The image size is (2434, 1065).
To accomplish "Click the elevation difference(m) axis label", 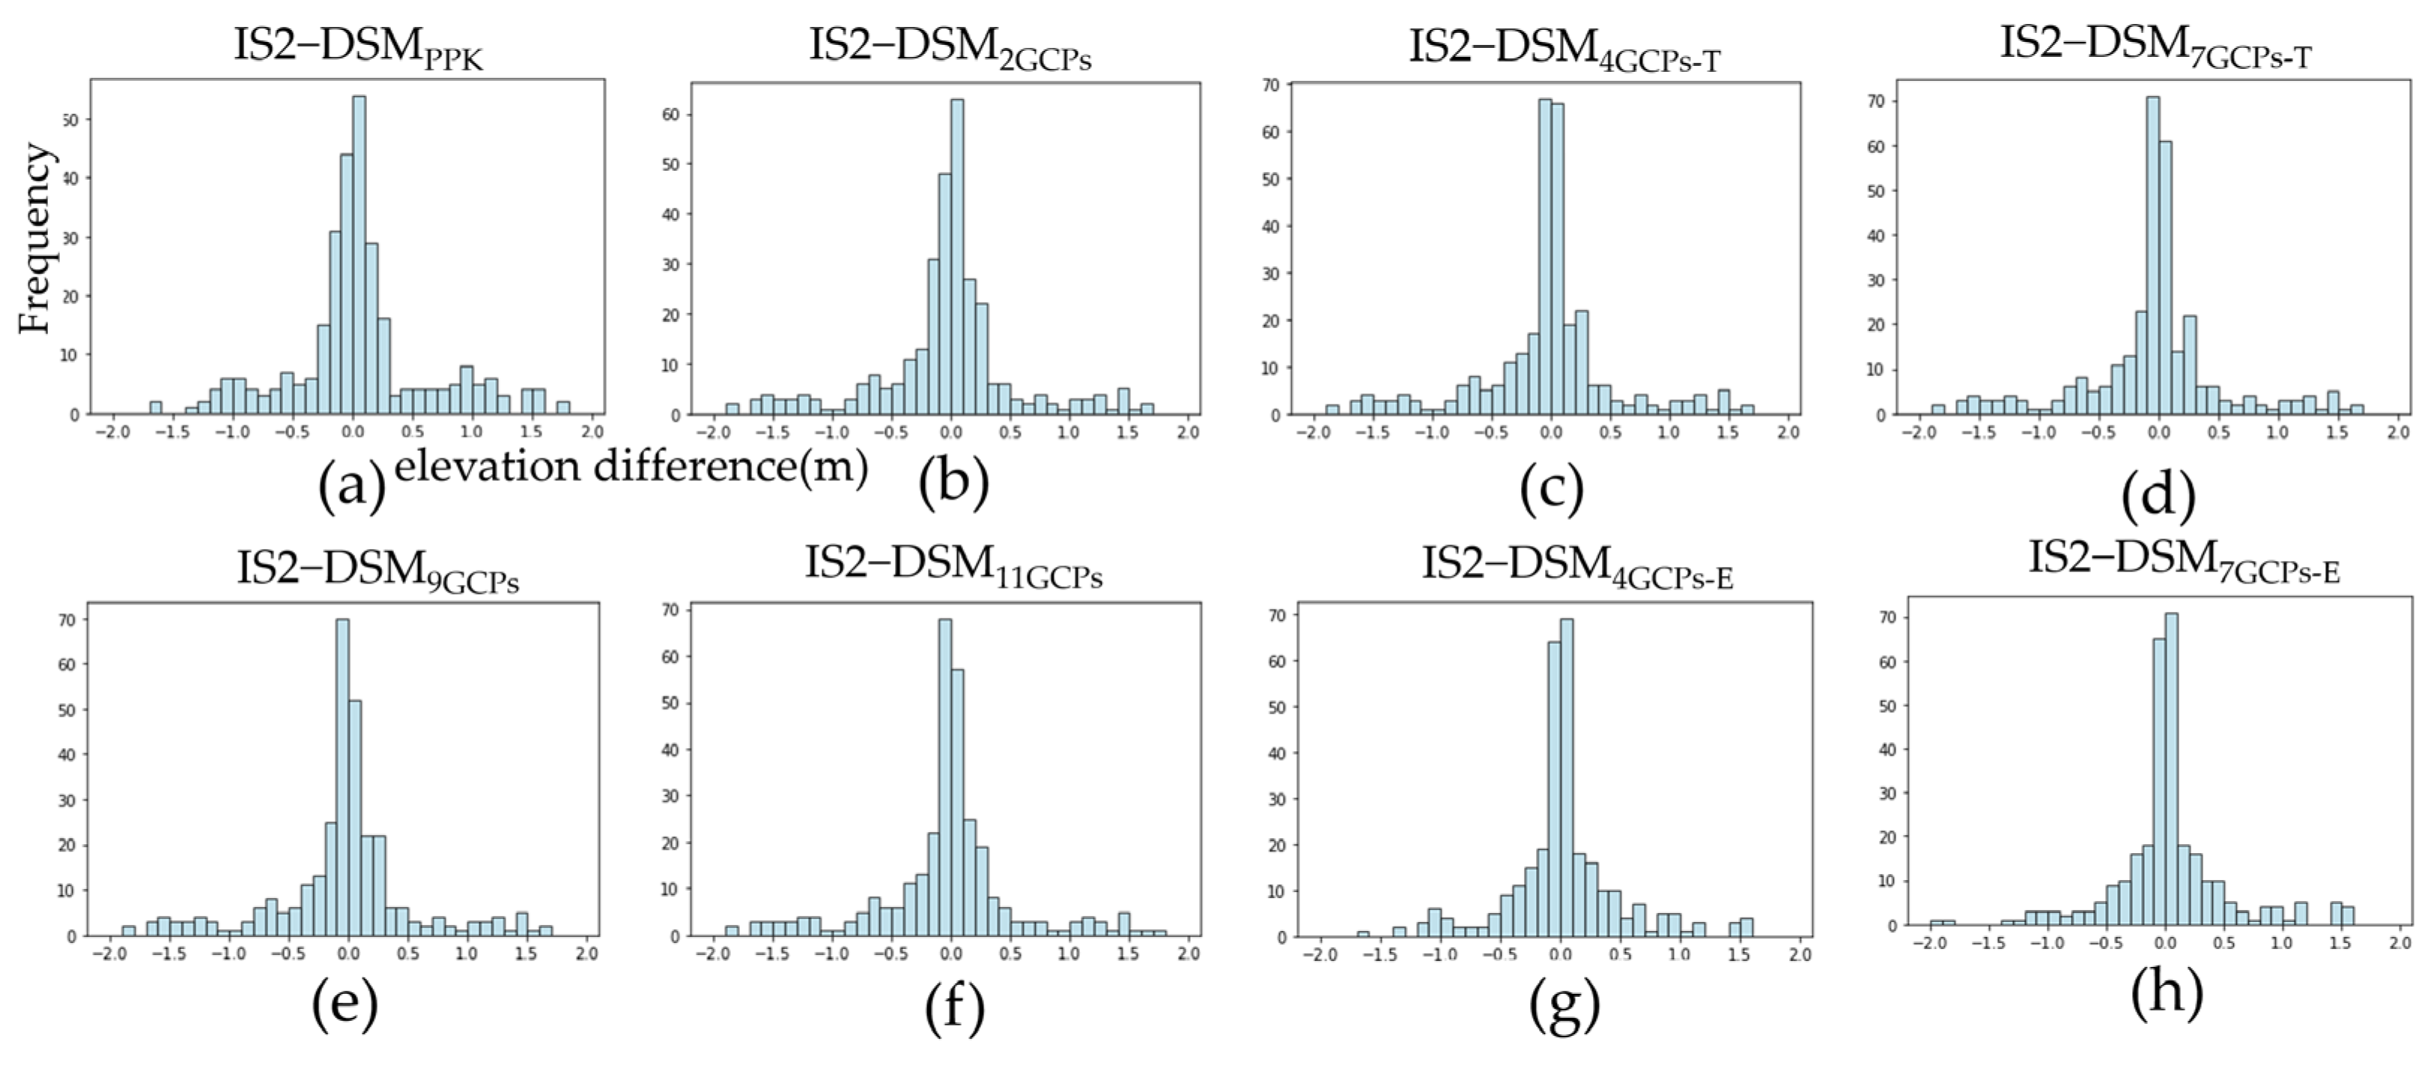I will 631,467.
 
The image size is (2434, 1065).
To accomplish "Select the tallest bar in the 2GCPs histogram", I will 957,255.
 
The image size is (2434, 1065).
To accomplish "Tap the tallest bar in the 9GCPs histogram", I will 342,775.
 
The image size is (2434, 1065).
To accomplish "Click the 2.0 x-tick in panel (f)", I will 1188,954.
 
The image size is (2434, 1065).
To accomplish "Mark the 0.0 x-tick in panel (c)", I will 1550,433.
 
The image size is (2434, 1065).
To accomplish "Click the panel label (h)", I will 2166,992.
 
